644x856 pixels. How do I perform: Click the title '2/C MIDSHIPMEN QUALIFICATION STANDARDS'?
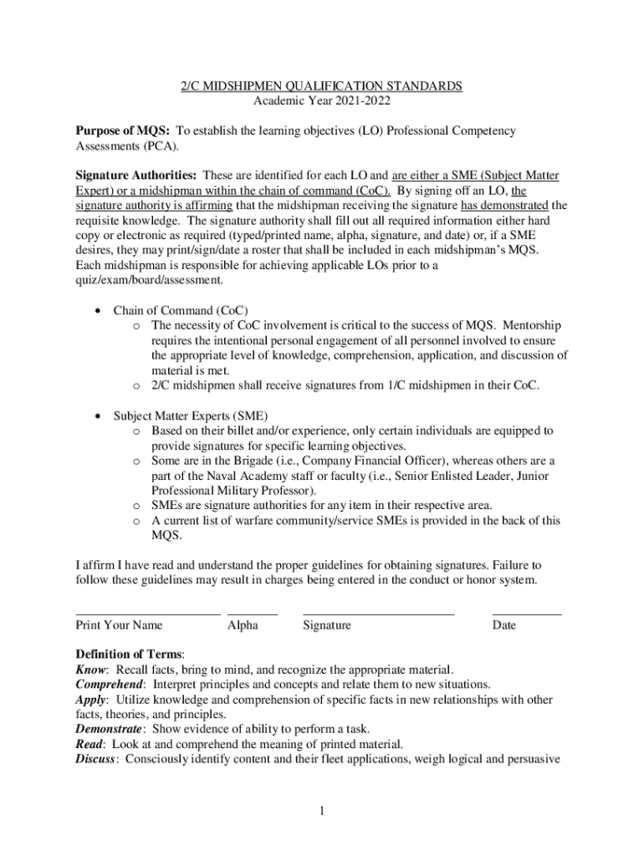[322, 87]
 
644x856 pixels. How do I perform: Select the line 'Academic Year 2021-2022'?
[322, 101]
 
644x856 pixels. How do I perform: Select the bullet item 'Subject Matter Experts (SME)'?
[191, 415]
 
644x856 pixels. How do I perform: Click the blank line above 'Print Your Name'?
[148, 614]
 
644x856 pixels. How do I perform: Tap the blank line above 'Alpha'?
[252, 614]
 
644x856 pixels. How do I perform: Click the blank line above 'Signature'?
[378, 614]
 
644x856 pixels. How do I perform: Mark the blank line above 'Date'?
[527, 614]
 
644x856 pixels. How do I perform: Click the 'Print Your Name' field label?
[119, 625]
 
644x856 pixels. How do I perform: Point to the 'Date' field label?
[504, 625]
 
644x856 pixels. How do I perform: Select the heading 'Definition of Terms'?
[129, 655]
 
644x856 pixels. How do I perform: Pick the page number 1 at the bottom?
[322, 810]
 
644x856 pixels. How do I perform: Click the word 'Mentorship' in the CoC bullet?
[531, 325]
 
